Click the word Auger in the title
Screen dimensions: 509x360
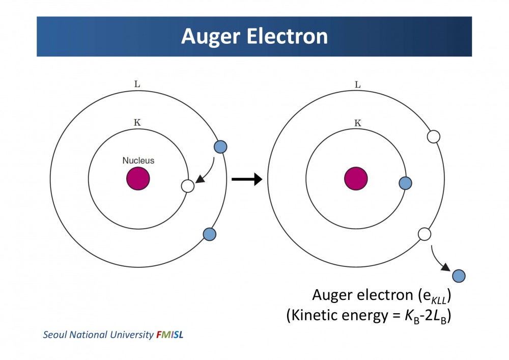(210, 37)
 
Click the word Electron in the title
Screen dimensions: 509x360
(287, 36)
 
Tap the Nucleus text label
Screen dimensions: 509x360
(138, 160)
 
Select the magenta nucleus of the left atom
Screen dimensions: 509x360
(138, 179)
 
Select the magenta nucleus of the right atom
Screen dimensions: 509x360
(356, 179)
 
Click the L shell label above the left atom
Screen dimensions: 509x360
(137, 84)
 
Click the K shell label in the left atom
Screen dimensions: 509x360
(137, 122)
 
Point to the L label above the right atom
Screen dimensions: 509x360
(358, 85)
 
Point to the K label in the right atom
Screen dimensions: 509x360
(358, 123)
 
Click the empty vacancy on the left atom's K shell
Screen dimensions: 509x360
(188, 186)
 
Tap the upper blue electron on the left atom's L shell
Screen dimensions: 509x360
(220, 147)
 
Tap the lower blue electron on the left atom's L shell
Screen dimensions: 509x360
(209, 234)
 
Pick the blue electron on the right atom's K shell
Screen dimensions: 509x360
(405, 183)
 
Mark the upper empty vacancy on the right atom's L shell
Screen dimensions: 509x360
(433, 136)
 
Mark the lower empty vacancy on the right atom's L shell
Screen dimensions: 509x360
(425, 234)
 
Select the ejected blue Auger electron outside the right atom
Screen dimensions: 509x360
(459, 276)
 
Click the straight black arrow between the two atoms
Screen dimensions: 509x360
(247, 179)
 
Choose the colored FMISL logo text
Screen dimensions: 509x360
(170, 335)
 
